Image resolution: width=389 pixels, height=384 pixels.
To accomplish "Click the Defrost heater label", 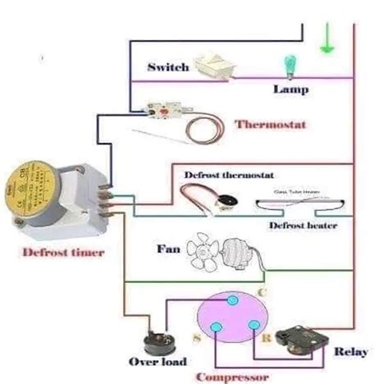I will (303, 225).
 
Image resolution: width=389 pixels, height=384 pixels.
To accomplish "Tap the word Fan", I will (166, 247).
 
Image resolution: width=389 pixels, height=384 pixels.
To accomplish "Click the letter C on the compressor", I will (261, 291).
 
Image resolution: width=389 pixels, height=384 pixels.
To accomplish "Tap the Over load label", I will (158, 362).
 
